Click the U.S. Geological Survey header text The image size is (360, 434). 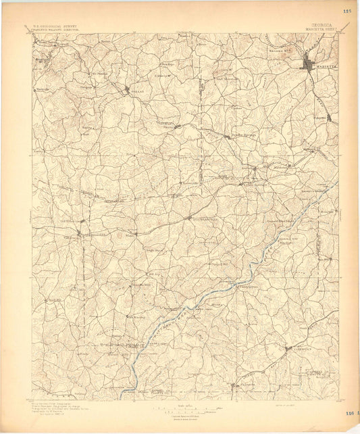pos(55,27)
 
